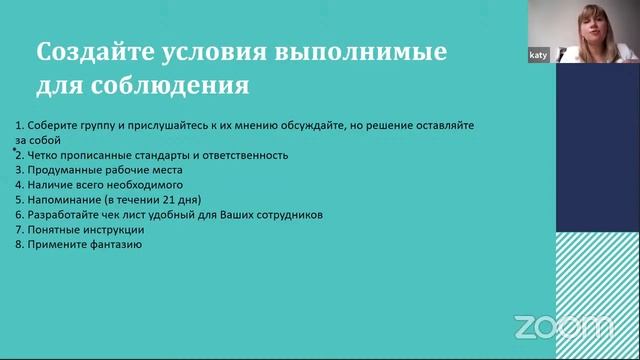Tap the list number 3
coord(18,170)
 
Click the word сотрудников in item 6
coord(290,215)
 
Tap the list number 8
coord(18,245)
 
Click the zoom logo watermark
coord(563,326)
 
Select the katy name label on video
coord(538,56)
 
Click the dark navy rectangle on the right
coord(597,150)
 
